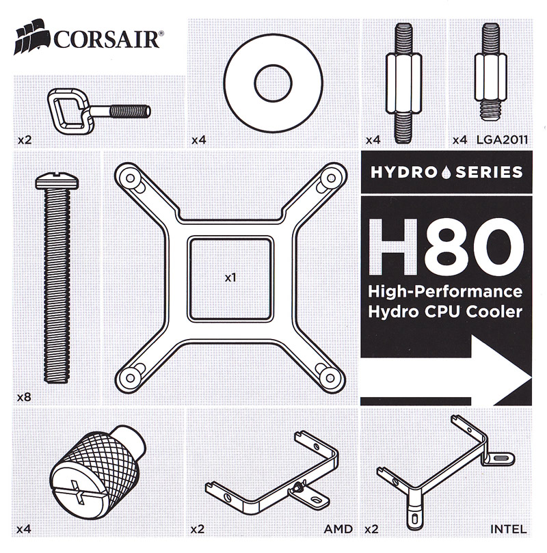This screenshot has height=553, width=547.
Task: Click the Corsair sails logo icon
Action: tap(31, 38)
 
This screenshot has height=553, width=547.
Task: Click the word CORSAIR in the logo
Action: tap(106, 40)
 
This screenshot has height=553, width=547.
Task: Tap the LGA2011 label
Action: tap(502, 139)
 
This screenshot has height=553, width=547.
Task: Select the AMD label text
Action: tap(338, 528)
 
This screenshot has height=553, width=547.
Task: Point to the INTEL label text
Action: tap(508, 528)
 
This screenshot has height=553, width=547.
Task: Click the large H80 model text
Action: tap(446, 246)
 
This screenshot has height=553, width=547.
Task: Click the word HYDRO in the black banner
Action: tap(403, 172)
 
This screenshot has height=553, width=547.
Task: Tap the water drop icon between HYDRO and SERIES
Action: tap(446, 172)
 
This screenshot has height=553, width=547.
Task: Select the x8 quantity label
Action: tap(24, 397)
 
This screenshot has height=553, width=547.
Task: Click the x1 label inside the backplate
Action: tap(230, 278)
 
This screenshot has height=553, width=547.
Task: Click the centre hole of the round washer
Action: tap(273, 83)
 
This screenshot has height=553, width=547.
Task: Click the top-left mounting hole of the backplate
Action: tap(130, 178)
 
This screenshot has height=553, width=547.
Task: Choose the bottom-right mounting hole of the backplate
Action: tap(330, 378)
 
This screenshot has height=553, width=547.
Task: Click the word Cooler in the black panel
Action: tap(494, 312)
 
